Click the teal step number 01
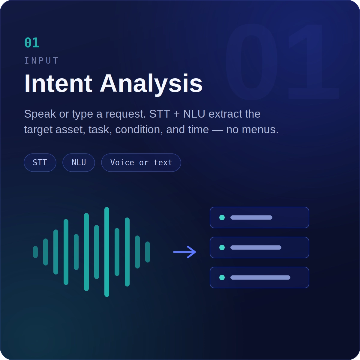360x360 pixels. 32,43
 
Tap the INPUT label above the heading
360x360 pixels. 41,61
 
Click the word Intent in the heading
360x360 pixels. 58,83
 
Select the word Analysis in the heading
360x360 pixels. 151,84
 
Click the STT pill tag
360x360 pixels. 40,163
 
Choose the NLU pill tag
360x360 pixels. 79,163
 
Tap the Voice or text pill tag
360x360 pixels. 141,163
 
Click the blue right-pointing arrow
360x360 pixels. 184,252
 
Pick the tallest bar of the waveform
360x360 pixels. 107,252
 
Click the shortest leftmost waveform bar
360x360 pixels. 35,252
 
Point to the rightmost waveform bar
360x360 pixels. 148,252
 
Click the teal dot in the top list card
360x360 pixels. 222,217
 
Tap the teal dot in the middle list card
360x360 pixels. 222,247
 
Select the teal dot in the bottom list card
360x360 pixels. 222,277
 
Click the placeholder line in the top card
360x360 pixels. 251,217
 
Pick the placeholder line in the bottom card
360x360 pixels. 260,277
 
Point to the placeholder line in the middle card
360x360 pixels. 256,247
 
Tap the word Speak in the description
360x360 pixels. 40,114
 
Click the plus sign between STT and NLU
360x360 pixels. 176,114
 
